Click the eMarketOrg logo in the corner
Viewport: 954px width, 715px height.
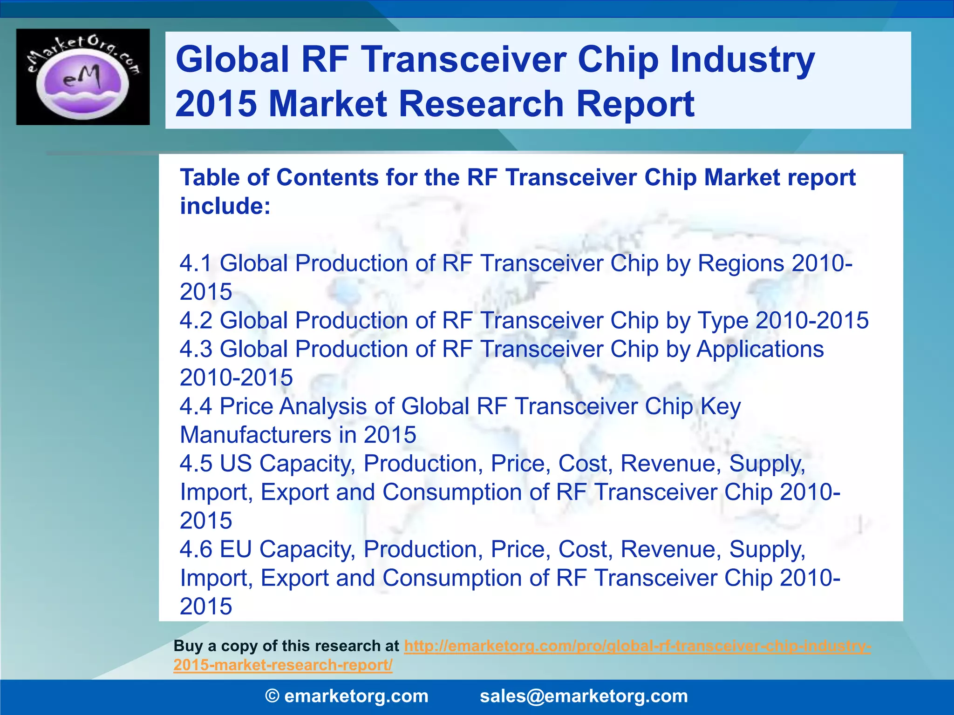83,77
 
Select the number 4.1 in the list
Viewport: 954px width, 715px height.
196,263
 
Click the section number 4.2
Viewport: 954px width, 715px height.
196,321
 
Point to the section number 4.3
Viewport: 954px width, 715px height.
196,349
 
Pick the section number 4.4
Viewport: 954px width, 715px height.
196,406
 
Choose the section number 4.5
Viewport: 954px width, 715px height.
196,464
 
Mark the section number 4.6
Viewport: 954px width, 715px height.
196,549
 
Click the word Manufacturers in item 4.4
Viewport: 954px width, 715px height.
255,435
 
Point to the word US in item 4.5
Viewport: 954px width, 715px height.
236,464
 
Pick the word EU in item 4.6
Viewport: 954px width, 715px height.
236,549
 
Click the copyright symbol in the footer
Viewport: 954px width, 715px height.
272,696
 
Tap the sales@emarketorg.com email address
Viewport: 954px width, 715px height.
583,696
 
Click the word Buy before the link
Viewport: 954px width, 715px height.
188,646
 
